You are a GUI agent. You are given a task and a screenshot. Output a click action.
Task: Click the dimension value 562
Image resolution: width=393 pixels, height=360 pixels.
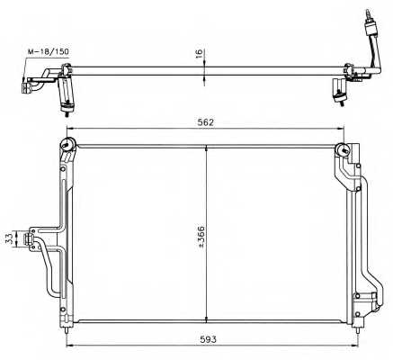tap(206, 122)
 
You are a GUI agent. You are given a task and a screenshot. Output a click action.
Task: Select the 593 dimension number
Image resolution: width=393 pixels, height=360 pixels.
tap(208, 339)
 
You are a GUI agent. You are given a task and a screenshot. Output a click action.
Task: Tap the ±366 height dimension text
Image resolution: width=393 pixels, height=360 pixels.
tap(201, 237)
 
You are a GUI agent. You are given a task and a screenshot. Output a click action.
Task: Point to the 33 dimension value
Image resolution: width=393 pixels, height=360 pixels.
tap(9, 238)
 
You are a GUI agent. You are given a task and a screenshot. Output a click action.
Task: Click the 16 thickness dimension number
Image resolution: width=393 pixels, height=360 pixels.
tap(199, 53)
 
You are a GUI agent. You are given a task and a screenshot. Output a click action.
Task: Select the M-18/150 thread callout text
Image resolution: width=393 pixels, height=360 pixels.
tap(49, 51)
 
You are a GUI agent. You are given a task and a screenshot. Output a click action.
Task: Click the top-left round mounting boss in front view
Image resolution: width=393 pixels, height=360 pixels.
tap(67, 144)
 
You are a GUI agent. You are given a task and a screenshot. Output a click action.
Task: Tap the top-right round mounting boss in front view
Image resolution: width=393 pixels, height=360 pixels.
tap(343, 149)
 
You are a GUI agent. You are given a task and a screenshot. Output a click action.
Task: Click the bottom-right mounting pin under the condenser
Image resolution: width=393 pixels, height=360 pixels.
tap(357, 329)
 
